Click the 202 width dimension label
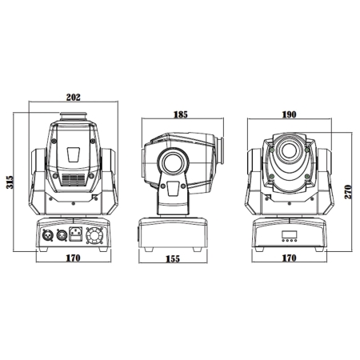(73, 98)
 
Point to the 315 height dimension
(10, 182)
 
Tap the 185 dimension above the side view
(181, 114)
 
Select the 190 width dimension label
(289, 114)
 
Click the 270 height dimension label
(348, 192)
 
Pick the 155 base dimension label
(173, 259)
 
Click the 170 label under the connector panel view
(73, 258)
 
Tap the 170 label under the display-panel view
(289, 258)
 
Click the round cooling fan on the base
(94, 235)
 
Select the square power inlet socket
(76, 234)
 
